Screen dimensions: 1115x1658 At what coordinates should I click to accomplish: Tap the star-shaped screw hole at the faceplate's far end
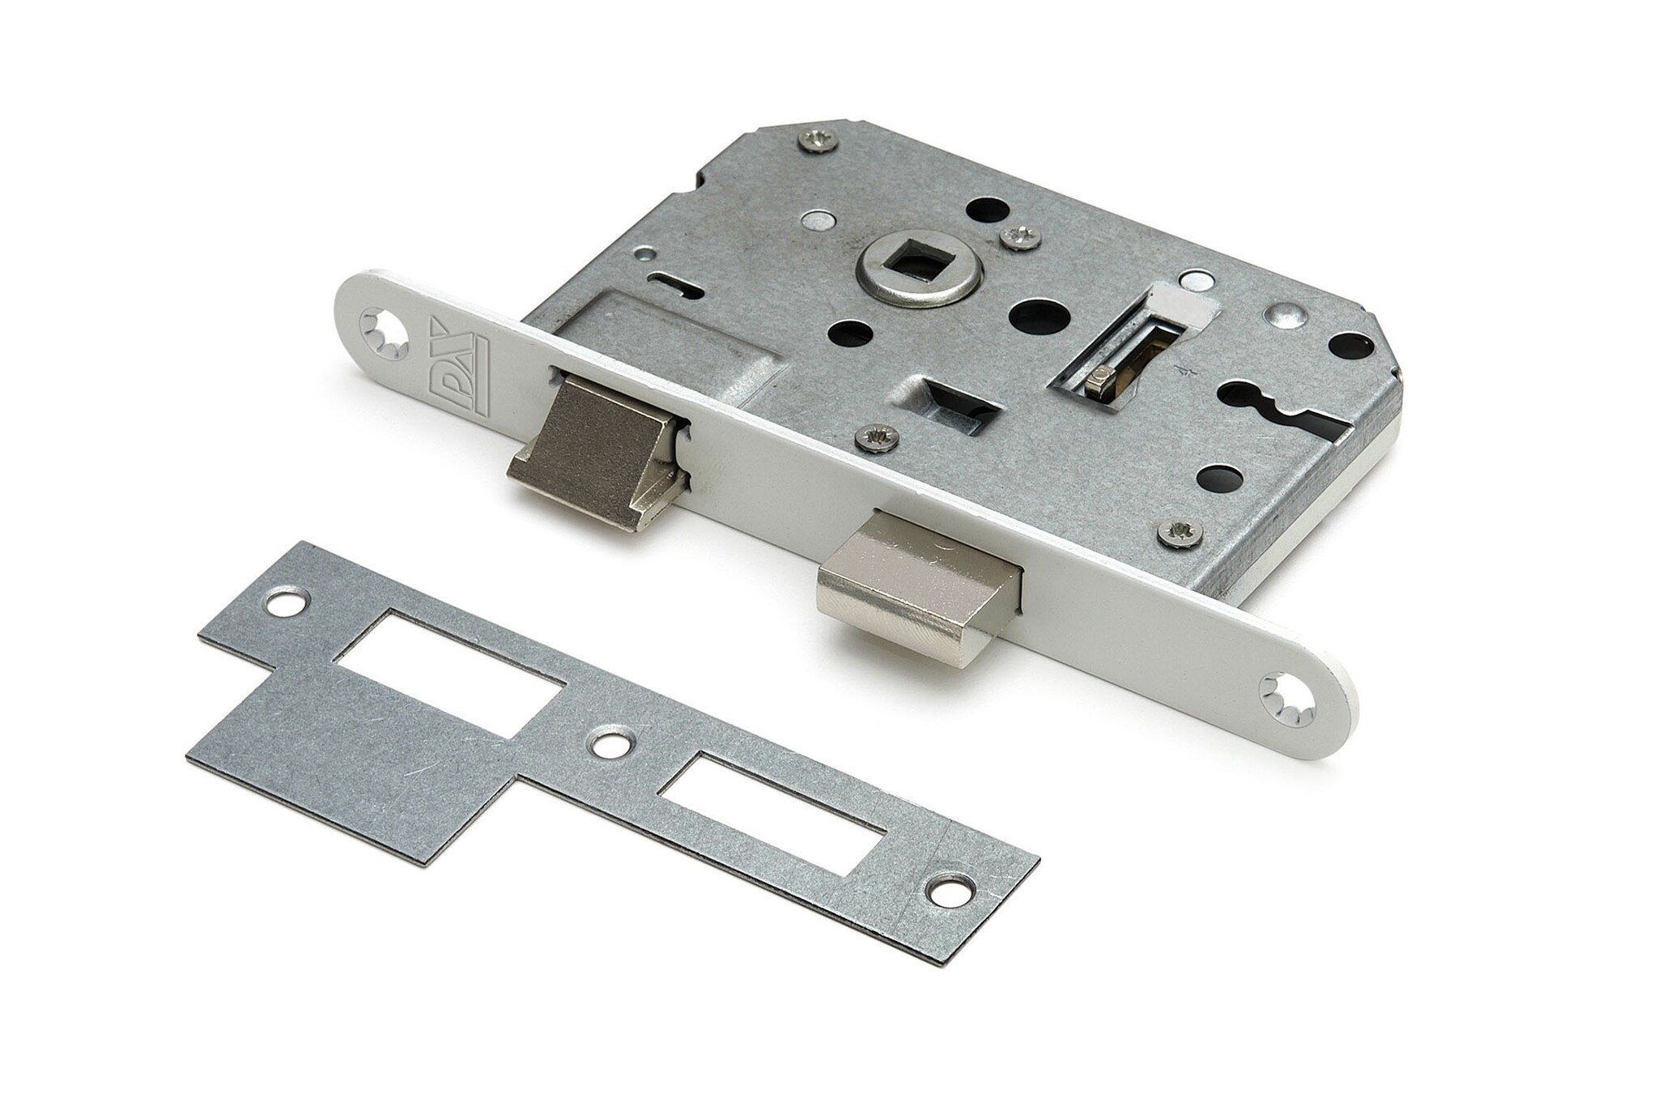tap(1286, 689)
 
